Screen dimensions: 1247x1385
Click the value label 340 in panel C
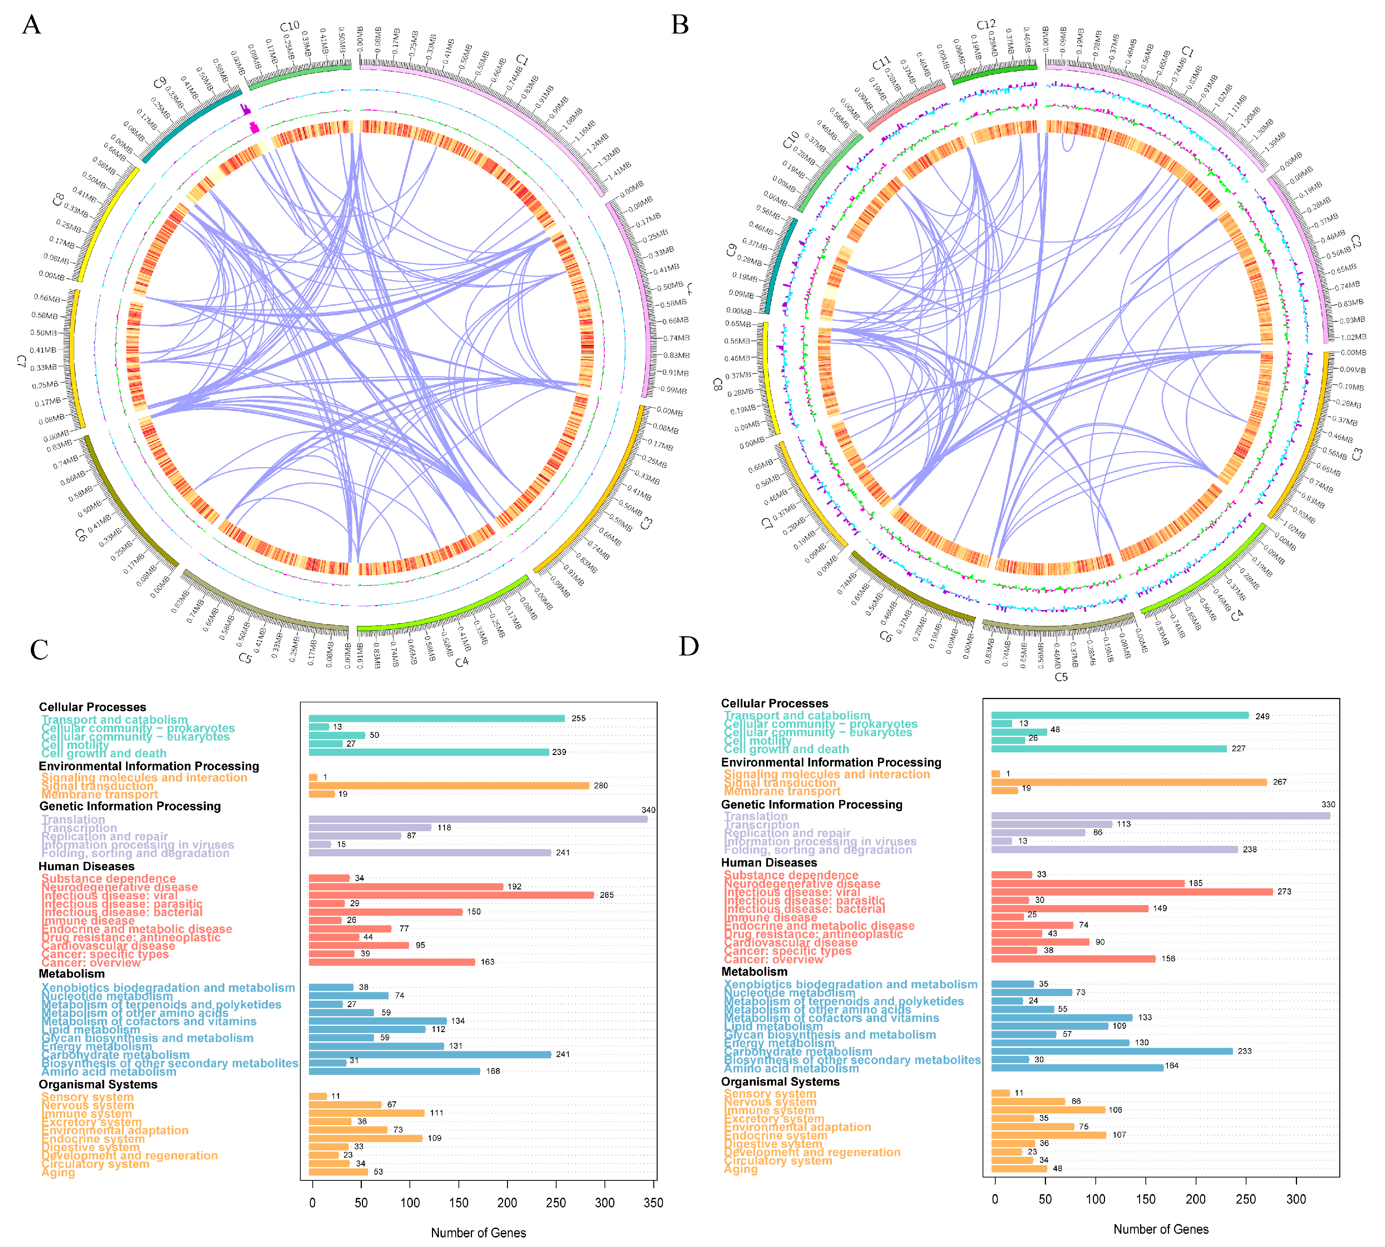[x=648, y=810]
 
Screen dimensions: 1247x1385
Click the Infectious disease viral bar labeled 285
[x=451, y=895]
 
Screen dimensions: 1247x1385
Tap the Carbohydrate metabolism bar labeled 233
[x=1112, y=1051]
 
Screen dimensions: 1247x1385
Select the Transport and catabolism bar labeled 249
[x=1120, y=716]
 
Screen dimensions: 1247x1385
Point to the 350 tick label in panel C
[x=653, y=1202]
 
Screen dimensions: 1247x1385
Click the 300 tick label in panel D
[x=1296, y=1199]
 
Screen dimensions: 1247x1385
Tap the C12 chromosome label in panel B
[x=986, y=25]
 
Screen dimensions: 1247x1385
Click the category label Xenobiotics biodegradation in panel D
[x=851, y=985]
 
